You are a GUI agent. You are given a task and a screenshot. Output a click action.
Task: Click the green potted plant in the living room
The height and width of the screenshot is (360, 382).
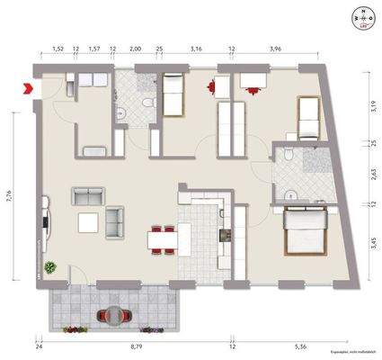pyautogui.click(x=50, y=267)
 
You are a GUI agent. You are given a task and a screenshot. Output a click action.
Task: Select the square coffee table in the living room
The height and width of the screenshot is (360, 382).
pyautogui.click(x=88, y=222)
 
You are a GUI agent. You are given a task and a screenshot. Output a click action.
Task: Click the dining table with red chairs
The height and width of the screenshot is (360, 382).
pyautogui.click(x=164, y=239)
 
